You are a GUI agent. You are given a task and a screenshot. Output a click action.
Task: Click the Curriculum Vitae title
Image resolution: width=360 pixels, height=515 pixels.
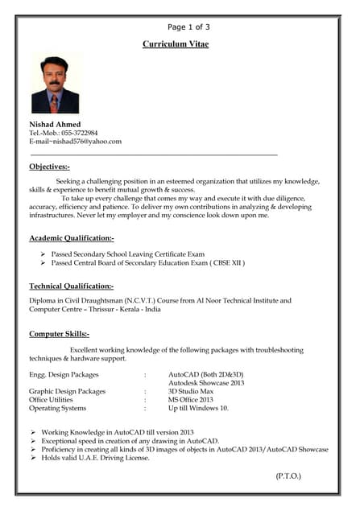click(175, 44)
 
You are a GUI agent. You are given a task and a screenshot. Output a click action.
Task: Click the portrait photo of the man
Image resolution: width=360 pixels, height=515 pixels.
click(56, 84)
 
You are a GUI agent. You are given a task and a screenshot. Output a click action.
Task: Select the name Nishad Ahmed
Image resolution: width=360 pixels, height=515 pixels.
click(55, 124)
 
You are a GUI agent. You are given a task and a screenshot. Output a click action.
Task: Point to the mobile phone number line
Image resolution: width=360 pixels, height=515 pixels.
click(64, 133)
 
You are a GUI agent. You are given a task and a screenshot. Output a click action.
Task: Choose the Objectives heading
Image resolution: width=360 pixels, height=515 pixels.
click(50, 167)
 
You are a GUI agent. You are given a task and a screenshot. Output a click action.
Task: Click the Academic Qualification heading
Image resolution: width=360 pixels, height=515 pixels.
click(72, 238)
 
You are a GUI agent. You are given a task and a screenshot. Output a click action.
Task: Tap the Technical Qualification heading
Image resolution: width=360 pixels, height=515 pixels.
click(71, 286)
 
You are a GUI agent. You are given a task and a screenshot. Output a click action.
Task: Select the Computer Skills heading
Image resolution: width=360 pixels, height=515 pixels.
click(59, 333)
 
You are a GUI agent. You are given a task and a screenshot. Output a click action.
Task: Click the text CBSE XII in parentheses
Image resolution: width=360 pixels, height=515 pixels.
click(227, 262)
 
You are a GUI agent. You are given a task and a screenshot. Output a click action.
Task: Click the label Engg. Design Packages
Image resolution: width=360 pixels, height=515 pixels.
click(64, 374)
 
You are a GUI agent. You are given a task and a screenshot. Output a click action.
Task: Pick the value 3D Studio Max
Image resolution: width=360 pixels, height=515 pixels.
click(191, 391)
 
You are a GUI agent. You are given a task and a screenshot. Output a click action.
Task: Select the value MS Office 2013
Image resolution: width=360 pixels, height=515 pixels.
click(190, 399)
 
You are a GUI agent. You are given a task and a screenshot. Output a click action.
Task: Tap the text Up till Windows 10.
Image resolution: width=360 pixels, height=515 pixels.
click(198, 408)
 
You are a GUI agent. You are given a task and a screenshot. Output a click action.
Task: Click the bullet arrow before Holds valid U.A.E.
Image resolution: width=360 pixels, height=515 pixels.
click(33, 458)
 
